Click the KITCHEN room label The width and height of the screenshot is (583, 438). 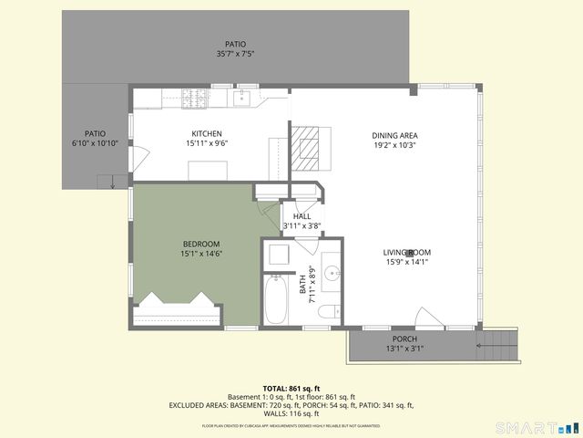pos(207,133)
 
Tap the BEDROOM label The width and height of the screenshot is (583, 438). pos(201,244)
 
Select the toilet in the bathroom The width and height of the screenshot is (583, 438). pos(328,313)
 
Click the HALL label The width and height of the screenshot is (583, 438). pos(302,216)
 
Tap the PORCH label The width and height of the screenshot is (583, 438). pos(404,339)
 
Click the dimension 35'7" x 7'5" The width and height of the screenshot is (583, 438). pos(235,54)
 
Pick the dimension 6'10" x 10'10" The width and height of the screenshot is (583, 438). pos(96,143)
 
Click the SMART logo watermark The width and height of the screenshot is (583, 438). pos(537,427)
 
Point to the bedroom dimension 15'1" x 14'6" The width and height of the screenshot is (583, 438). pos(201,254)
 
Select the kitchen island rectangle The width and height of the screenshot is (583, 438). pos(207,170)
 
